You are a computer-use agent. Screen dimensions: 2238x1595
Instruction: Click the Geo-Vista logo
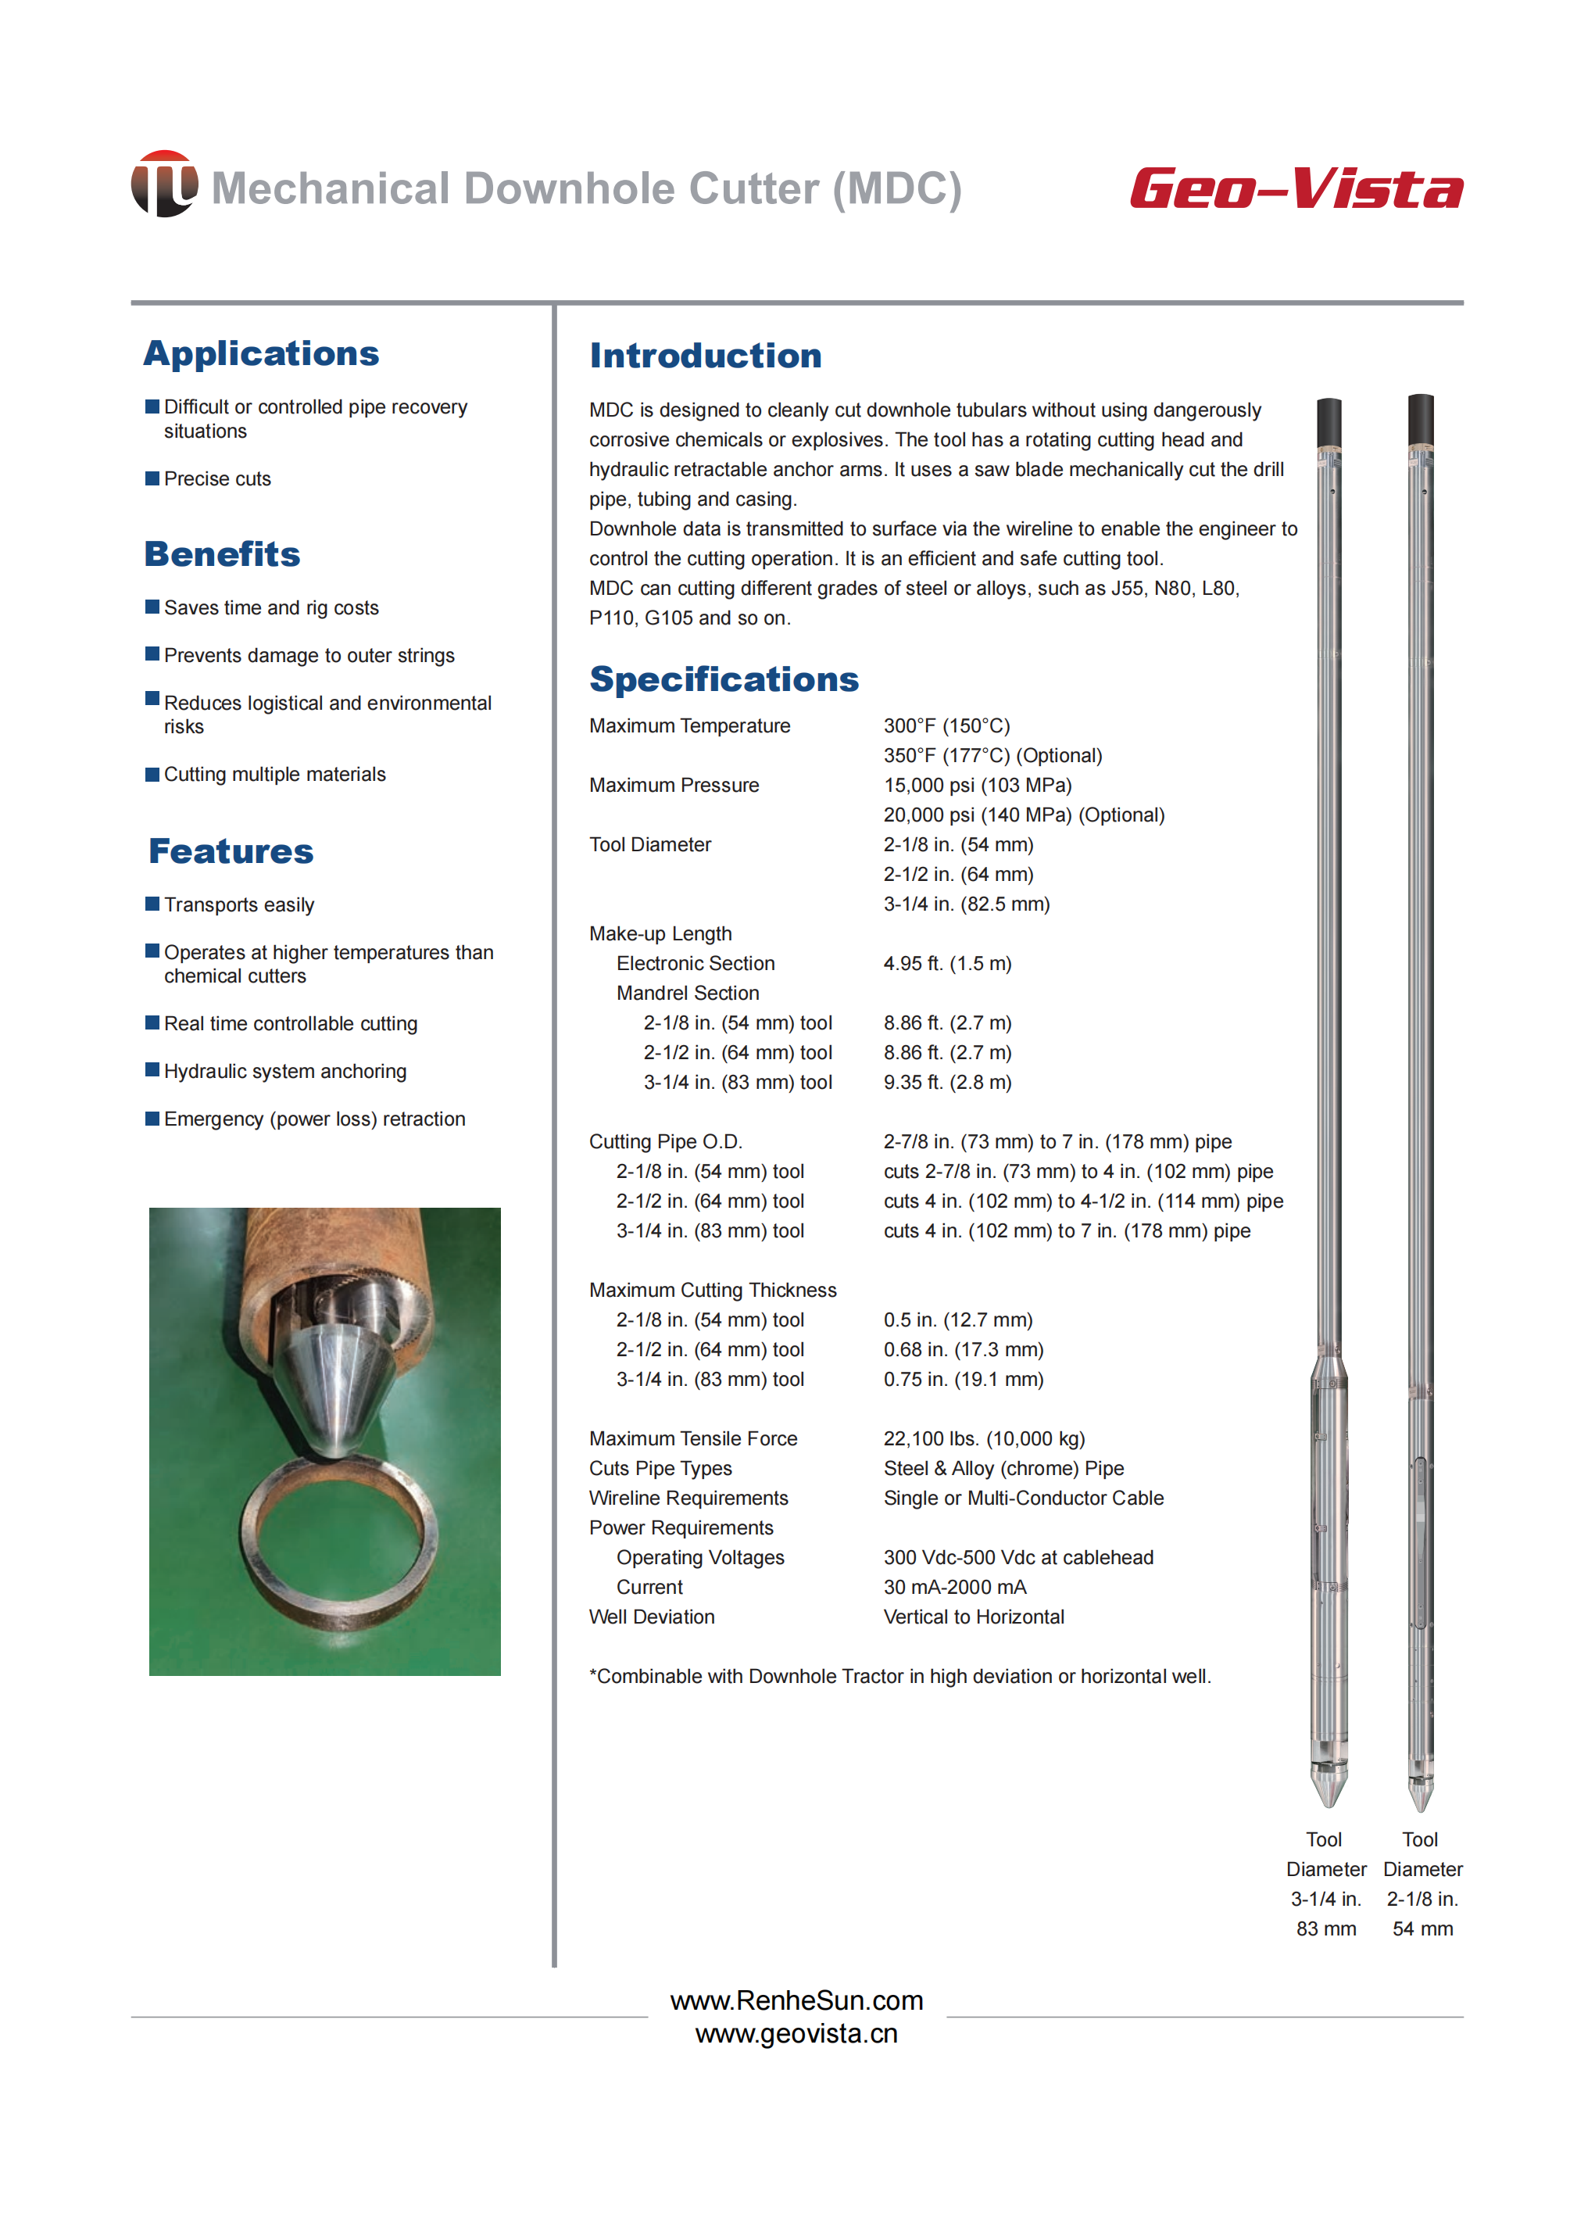point(1296,188)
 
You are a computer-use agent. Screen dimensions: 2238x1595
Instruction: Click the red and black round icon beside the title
point(164,184)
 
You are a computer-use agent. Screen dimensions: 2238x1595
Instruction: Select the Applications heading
point(261,353)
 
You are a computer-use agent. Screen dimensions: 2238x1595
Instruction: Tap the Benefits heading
point(222,554)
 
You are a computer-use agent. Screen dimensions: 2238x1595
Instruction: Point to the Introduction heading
point(705,356)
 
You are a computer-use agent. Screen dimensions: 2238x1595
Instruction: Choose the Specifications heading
point(724,679)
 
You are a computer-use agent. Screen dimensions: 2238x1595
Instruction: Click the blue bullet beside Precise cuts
point(152,478)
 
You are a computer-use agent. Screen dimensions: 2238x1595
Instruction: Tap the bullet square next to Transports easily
point(152,904)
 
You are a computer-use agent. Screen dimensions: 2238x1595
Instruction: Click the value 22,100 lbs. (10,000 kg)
point(984,1438)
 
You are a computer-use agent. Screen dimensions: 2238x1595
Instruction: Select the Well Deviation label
point(651,1616)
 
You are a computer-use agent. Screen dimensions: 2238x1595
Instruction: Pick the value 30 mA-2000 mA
point(955,1587)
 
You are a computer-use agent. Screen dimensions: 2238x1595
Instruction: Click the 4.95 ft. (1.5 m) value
point(947,963)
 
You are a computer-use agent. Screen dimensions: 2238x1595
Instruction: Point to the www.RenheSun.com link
point(796,2000)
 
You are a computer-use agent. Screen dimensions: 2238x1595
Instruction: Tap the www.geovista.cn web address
point(796,2034)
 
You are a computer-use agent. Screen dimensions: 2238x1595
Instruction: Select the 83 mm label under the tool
point(1326,1928)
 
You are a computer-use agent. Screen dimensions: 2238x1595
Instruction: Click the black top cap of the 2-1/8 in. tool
point(1420,420)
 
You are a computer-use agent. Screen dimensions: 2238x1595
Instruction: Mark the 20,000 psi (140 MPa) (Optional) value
point(1024,815)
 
